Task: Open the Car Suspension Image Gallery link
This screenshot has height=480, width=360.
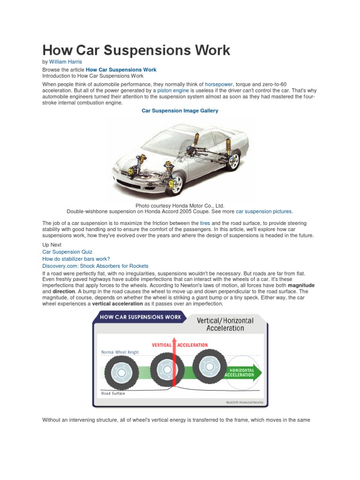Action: tap(180, 111)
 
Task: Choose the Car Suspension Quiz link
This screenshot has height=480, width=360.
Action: tap(67, 252)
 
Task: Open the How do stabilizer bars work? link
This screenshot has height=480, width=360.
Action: tap(76, 259)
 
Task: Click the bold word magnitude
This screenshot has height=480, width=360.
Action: tap(301, 285)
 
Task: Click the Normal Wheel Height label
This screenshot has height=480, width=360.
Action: tap(120, 352)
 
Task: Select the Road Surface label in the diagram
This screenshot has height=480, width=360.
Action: tap(113, 393)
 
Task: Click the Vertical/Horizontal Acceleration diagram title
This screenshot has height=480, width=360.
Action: tap(225, 324)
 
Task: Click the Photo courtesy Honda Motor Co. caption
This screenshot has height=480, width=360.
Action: tap(180, 206)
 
